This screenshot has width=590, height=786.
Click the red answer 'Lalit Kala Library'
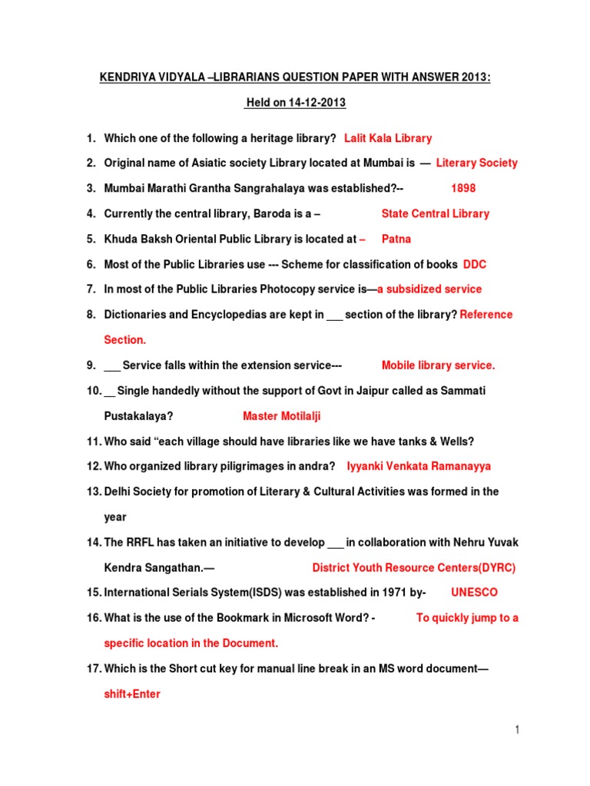point(388,138)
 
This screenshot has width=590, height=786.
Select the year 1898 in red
point(463,188)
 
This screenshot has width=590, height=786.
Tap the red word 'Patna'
point(396,239)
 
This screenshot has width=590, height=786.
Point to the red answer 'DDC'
point(475,264)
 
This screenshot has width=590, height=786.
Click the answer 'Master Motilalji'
point(282,416)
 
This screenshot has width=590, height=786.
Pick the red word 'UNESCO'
point(474,593)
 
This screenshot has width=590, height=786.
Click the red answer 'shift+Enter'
point(132,694)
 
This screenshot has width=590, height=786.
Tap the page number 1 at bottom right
point(518,731)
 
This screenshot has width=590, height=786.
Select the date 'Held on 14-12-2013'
point(296,103)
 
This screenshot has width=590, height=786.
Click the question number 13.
point(92,491)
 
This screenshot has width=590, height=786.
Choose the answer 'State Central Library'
point(436,213)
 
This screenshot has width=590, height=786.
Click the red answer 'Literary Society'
point(477,163)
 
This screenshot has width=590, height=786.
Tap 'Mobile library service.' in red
point(439,365)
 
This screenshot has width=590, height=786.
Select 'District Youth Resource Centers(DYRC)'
point(414,568)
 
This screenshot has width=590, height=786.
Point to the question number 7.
point(91,289)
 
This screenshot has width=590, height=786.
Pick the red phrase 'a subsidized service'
point(429,289)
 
